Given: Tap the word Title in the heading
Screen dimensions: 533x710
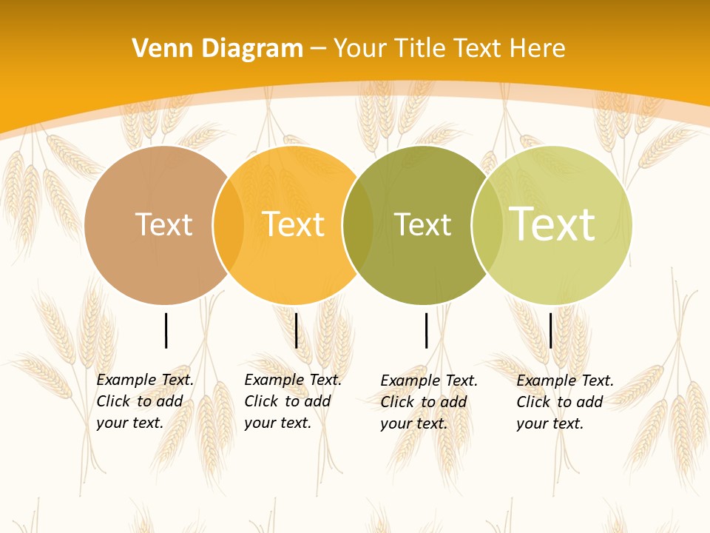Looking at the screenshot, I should (421, 49).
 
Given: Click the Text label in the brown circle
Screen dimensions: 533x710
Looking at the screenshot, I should (163, 224).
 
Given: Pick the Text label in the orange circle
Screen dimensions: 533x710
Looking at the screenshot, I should (294, 224).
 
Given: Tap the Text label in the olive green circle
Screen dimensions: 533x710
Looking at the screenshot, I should (422, 224).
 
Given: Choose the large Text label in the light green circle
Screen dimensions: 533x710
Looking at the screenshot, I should (552, 224).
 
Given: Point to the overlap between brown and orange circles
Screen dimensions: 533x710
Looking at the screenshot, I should (229, 225).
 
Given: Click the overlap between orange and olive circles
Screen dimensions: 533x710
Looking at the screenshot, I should (358, 225).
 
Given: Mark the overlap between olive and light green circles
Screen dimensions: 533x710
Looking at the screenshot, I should (487, 225).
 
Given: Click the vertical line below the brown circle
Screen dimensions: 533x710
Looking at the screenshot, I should (166, 330).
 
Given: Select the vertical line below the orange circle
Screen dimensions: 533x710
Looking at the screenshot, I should (296, 330).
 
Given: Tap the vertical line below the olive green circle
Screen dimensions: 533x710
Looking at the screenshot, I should (427, 330).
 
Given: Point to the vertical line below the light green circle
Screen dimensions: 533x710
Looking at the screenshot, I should (551, 330).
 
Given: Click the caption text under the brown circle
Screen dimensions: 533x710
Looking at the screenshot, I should (144, 401).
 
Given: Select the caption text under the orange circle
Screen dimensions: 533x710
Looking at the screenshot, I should (292, 401).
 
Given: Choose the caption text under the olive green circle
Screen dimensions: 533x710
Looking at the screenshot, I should (428, 402).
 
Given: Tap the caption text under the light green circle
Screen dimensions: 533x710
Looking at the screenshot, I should (564, 402).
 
